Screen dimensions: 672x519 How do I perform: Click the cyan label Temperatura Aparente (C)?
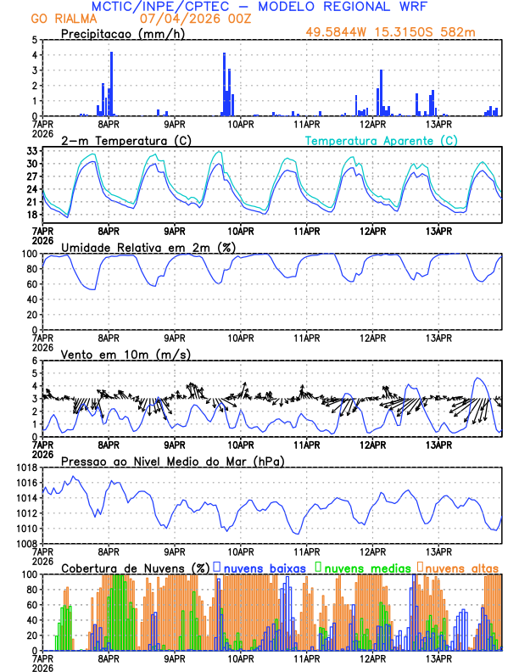[381, 140]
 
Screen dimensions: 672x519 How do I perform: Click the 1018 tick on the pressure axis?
[26, 468]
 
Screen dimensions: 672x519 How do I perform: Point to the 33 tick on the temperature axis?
[31, 151]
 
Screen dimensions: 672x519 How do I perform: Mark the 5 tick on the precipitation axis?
[34, 40]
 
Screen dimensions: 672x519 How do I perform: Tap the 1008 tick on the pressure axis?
[26, 543]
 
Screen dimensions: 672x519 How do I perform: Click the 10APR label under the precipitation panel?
[241, 124]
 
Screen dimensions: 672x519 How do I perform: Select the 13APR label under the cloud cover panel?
[438, 658]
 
